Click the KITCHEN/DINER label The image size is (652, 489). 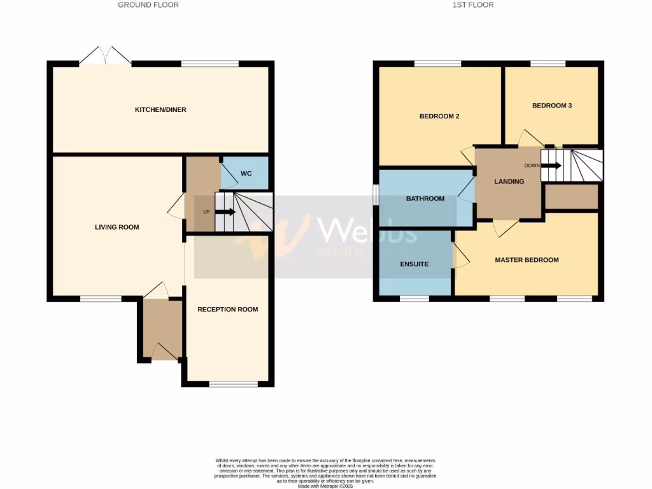[160, 110]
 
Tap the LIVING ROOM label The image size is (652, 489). [117, 227]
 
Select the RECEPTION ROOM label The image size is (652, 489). [227, 309]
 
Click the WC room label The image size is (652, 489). [246, 174]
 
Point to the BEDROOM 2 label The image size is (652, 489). [439, 117]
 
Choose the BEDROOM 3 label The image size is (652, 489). [552, 106]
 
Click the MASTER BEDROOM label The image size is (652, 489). [527, 260]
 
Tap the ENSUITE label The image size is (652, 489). [415, 264]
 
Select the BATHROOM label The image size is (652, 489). [425, 199]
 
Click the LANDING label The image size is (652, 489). [509, 181]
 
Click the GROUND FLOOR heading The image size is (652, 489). [148, 5]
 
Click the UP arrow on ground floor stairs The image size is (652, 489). [225, 212]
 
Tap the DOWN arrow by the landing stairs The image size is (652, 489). [551, 166]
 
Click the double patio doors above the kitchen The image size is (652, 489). [105, 55]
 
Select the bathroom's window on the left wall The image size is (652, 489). [376, 195]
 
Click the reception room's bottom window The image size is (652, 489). [234, 383]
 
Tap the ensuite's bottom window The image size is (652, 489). [415, 297]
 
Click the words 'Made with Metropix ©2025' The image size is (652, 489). [325, 486]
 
